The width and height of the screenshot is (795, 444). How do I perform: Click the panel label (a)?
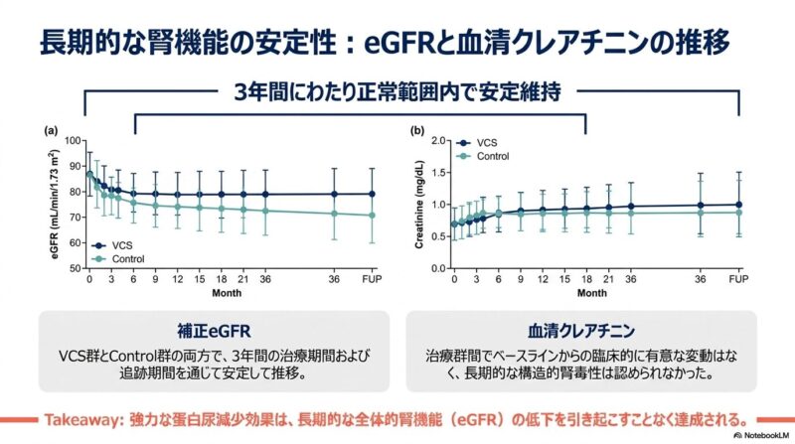[x=49, y=130]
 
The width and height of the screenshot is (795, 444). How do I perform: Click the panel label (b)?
[x=417, y=130]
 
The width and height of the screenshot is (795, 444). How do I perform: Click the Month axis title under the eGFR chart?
[x=224, y=294]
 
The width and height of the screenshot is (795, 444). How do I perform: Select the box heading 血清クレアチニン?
[x=580, y=329]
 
